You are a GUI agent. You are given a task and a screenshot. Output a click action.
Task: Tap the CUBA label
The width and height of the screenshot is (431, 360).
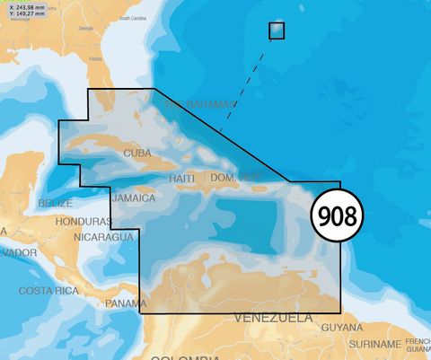pos(137,154)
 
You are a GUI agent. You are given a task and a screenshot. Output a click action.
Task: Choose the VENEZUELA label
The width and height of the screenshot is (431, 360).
pos(274,319)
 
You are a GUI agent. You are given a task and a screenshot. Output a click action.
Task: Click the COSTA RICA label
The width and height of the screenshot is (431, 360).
pos(50,291)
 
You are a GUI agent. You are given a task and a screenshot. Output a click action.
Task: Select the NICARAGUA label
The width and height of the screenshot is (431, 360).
pos(103,237)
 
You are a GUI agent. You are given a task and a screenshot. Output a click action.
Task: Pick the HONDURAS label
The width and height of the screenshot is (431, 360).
pos(83,221)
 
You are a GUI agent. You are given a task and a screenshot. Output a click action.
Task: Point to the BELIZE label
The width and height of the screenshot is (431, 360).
pos(56,204)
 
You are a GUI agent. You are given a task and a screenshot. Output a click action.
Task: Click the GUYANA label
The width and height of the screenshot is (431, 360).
pos(342,328)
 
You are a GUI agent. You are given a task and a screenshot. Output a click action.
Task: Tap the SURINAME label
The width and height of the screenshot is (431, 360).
pos(374,344)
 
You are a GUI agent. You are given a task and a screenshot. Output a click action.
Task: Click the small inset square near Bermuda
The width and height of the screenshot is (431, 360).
pos(277,30)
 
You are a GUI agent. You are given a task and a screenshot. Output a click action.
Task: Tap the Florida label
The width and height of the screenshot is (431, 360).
pos(94,59)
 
